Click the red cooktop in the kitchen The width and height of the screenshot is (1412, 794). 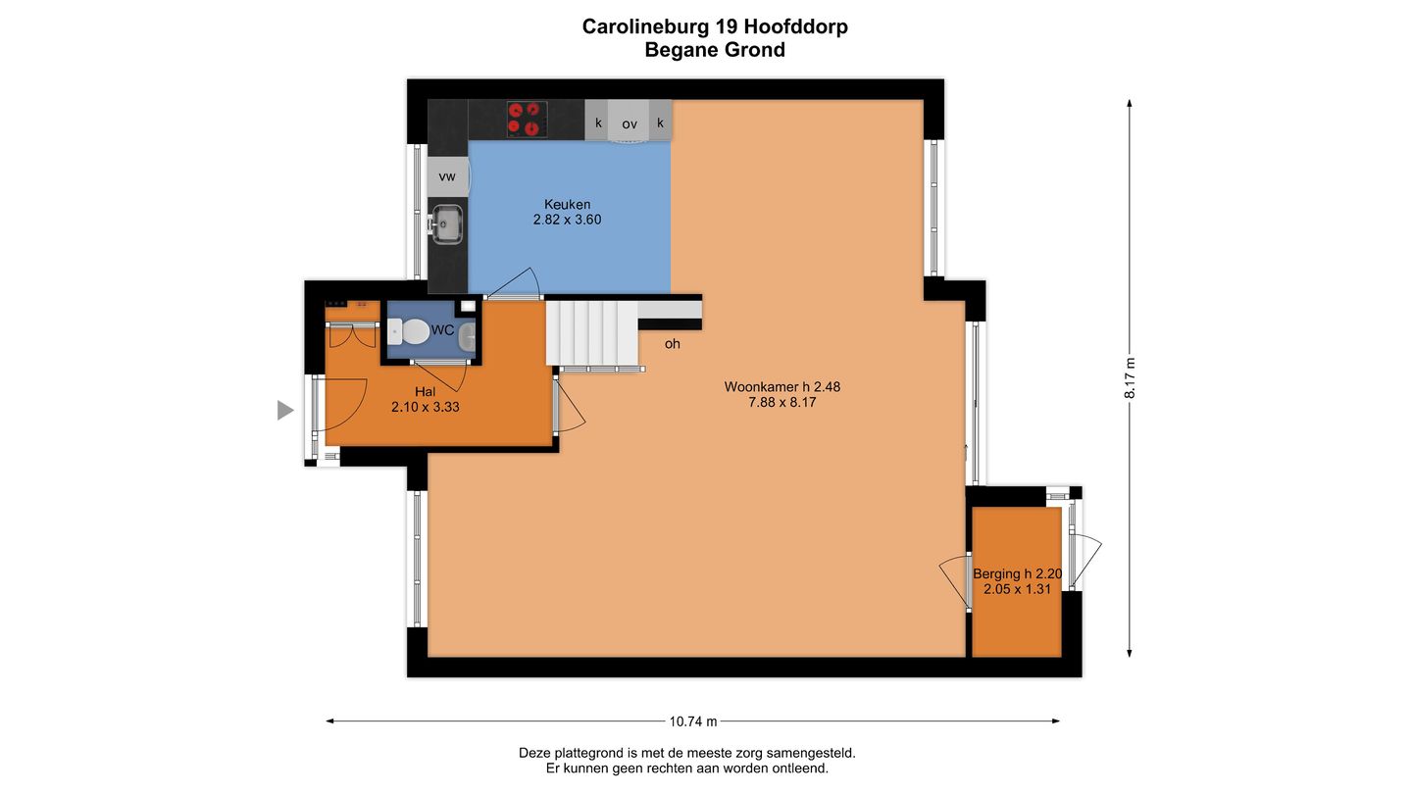tap(527, 120)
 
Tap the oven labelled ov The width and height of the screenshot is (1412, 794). tap(629, 121)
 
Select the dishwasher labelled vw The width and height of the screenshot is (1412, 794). tap(447, 176)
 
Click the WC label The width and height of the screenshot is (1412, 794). tap(442, 330)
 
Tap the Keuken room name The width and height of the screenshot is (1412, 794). tap(568, 204)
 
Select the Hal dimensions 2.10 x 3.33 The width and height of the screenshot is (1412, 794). tap(426, 407)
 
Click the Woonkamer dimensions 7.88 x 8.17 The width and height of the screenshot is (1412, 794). tap(782, 402)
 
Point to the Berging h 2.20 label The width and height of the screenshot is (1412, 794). tap(1018, 574)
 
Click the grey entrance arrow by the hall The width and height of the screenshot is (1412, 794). tap(285, 410)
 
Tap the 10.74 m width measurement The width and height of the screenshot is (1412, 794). tap(692, 721)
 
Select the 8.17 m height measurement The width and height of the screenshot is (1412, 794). tap(1130, 378)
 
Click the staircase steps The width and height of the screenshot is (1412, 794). tap(592, 333)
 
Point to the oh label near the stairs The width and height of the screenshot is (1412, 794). tap(672, 344)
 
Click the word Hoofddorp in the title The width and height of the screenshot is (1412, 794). tap(796, 26)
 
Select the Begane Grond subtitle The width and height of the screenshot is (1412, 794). tap(715, 50)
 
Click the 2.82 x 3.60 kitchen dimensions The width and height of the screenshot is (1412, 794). tap(568, 220)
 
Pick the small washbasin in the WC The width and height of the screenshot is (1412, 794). tap(467, 337)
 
